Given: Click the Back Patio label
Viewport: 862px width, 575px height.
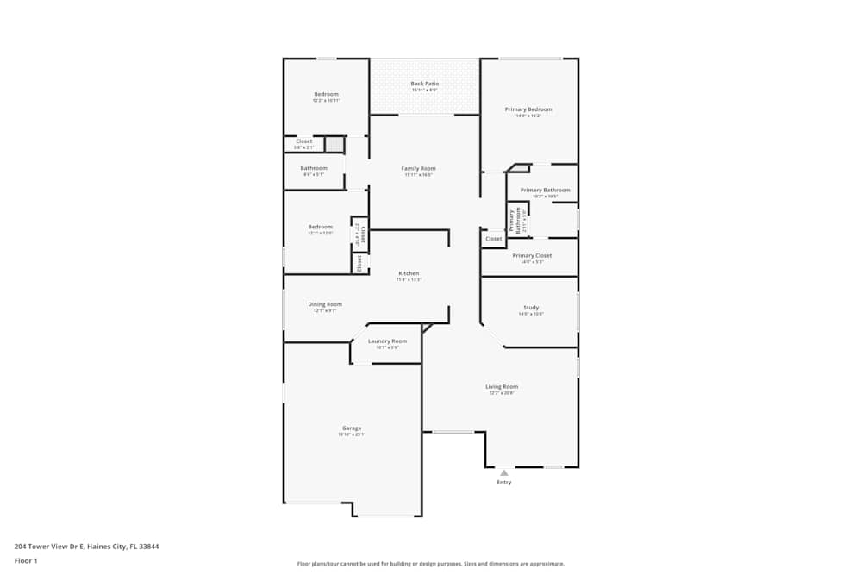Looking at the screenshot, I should click(x=424, y=84).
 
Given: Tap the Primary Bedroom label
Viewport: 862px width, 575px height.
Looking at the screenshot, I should click(x=528, y=109).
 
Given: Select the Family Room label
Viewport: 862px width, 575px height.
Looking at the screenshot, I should click(x=418, y=168).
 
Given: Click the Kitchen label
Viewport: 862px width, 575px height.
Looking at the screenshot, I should click(x=409, y=273).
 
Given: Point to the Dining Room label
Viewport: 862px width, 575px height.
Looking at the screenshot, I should click(x=325, y=304).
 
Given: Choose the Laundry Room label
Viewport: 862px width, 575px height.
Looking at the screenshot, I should click(x=387, y=341).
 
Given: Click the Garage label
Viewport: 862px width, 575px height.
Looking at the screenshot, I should click(x=352, y=428).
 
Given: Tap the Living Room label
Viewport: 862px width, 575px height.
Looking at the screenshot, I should click(x=502, y=387).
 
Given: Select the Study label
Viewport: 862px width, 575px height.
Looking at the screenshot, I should click(x=531, y=308).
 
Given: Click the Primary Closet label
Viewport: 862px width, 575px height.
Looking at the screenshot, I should click(x=532, y=256).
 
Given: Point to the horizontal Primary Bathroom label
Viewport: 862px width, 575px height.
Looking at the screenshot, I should click(x=545, y=190).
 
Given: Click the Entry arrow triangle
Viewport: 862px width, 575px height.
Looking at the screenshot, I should click(x=503, y=472).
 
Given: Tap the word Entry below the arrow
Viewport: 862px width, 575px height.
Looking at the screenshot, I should click(x=503, y=482).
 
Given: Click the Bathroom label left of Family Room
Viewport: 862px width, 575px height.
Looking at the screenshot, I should click(x=314, y=168).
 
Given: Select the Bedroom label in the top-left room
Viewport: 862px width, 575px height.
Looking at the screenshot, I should click(x=326, y=94).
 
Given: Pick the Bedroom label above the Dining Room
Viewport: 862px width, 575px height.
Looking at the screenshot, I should click(x=321, y=227).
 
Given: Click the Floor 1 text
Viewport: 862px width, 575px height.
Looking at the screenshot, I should click(x=26, y=560).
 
